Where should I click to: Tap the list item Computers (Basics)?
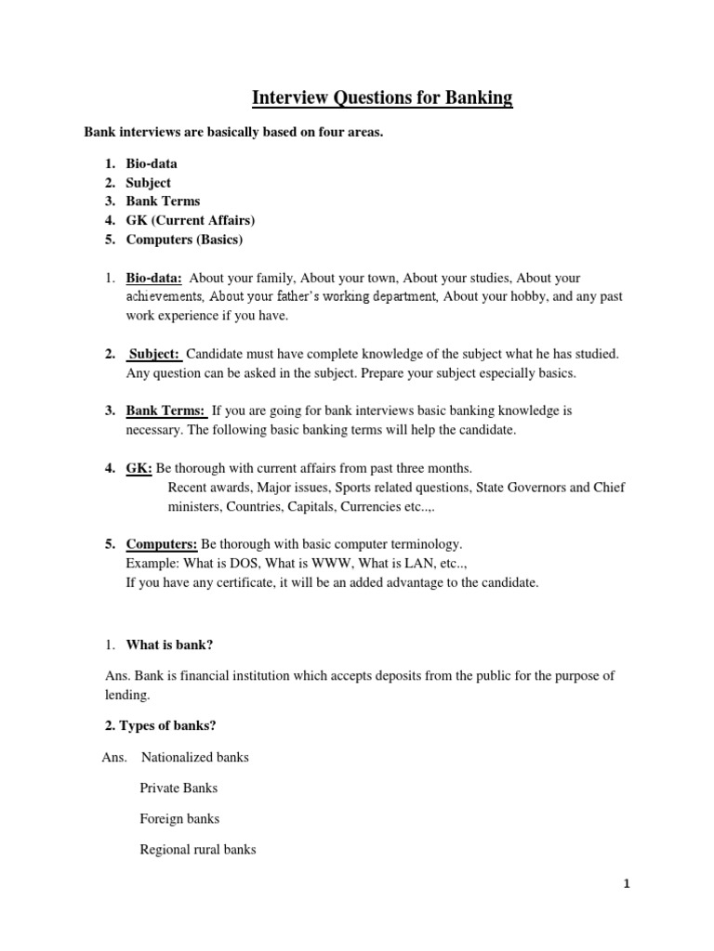point(184,240)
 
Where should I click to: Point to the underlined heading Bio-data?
point(154,278)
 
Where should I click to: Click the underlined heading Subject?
point(154,354)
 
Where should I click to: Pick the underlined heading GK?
point(139,467)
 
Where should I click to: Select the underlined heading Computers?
point(161,543)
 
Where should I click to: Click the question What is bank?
point(176,645)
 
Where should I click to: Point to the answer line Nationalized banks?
point(194,757)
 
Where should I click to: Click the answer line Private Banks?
point(178,788)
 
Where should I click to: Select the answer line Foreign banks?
point(179,819)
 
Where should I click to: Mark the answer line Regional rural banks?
point(198,850)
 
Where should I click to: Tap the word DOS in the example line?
point(237,563)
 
